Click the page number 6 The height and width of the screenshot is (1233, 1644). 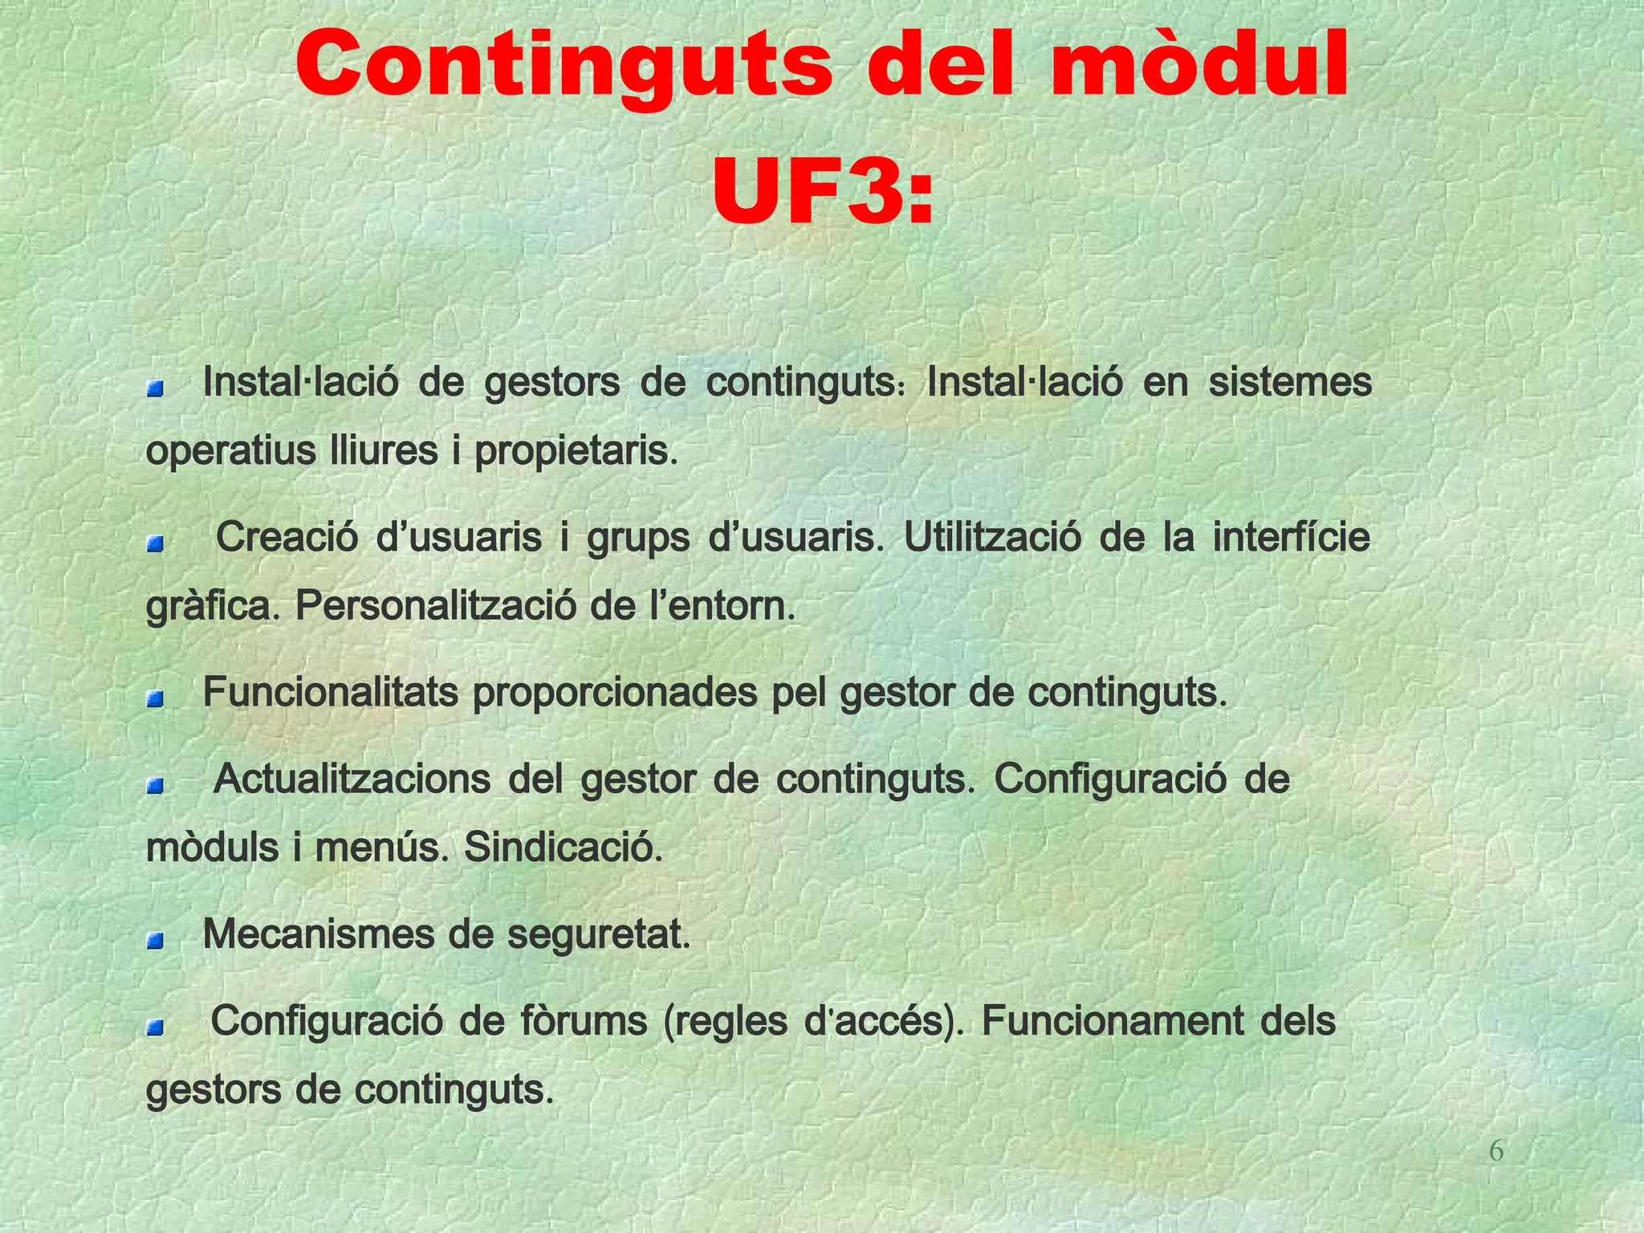1496,1151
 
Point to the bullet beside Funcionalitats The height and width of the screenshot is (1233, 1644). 155,700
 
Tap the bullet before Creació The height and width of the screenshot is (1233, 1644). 155,545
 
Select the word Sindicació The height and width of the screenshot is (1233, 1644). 564,847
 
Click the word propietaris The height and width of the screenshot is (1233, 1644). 576,451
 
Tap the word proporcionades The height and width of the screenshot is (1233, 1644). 614,693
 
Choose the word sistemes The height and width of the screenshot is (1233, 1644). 1290,382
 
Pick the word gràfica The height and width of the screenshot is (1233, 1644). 213,608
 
